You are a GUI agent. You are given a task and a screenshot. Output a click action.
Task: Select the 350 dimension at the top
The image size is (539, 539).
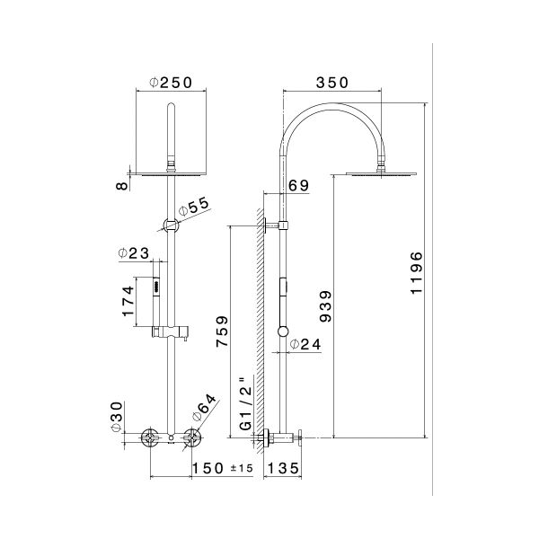333,83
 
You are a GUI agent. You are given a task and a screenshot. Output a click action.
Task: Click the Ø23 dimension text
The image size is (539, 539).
133,254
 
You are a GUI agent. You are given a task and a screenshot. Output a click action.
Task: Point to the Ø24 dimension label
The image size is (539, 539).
311,343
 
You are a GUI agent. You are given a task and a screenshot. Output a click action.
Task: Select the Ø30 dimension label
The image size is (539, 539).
116,419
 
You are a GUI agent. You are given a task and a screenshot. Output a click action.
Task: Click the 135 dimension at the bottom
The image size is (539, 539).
284,469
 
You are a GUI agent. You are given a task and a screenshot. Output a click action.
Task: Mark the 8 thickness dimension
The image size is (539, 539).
116,186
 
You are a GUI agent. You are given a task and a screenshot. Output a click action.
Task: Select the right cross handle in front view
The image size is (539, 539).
190,438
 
